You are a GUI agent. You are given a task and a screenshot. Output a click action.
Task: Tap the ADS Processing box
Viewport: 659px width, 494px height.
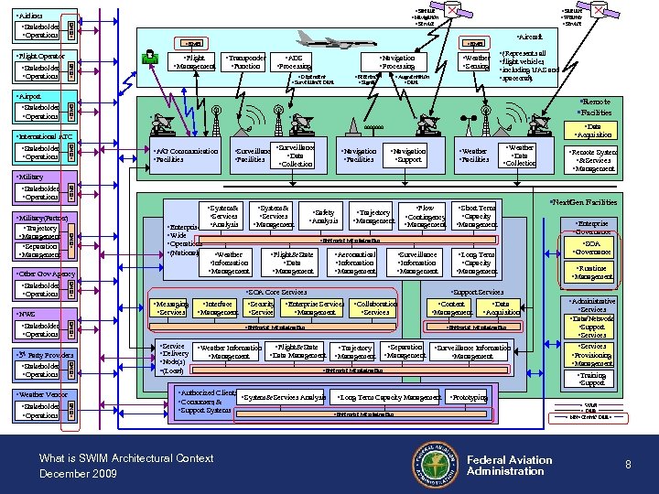coord(295,62)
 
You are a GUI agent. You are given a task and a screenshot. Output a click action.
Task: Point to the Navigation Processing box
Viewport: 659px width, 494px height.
coord(397,62)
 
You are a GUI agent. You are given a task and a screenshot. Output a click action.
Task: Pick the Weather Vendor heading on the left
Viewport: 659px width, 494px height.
coord(41,394)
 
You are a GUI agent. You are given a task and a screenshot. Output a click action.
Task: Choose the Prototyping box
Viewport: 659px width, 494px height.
coord(470,398)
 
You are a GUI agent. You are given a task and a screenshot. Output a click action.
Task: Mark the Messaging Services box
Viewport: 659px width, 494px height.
coord(171,308)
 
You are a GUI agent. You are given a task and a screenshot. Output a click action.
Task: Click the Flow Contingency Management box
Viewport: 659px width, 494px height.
coord(425,217)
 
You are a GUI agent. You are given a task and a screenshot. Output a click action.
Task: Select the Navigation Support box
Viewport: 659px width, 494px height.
coord(407,156)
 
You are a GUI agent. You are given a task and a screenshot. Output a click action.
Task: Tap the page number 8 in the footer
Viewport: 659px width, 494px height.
coord(628,465)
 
